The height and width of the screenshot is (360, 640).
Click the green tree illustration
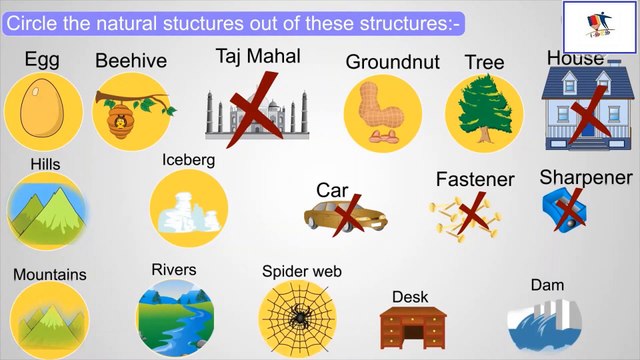tap(484, 110)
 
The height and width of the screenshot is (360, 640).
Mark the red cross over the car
tap(346, 212)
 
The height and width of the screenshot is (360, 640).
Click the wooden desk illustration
tap(412, 326)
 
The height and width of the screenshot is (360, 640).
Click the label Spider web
tap(302, 270)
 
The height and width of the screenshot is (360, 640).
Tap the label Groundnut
tap(392, 62)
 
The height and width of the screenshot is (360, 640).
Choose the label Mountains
tap(49, 274)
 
